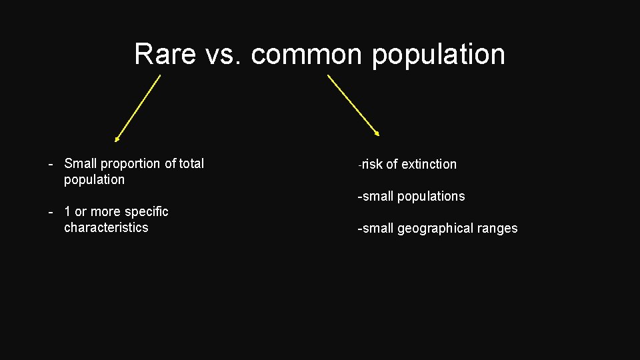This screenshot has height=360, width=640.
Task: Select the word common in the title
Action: (x=308, y=54)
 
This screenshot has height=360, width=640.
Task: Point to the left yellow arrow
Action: (x=138, y=108)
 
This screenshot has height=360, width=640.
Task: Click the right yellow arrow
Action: (x=353, y=105)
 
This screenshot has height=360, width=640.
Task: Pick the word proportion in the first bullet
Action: (x=131, y=164)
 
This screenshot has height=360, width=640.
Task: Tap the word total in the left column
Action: (x=191, y=163)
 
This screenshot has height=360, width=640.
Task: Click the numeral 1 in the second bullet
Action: (x=67, y=212)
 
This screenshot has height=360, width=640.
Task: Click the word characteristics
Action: (x=106, y=228)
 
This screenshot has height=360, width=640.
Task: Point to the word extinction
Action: (x=429, y=165)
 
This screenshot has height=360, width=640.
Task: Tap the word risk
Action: (x=372, y=165)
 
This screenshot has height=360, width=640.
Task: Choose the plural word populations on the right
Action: (x=431, y=197)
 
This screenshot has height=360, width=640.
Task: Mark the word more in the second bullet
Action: (x=105, y=212)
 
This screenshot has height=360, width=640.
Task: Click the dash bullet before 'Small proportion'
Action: (x=51, y=164)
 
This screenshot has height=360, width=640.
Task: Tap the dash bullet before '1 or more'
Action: (x=51, y=212)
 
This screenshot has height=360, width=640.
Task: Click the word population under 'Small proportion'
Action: (x=94, y=180)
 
